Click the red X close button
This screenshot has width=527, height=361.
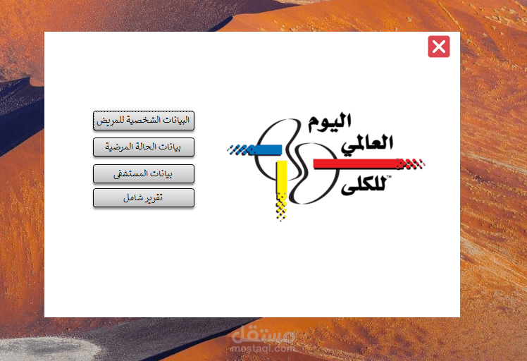(438, 47)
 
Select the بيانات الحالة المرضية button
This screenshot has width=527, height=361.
(144, 147)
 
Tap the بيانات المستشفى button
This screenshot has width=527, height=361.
(144, 173)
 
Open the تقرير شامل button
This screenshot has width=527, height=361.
(144, 198)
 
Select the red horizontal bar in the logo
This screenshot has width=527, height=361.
(356, 164)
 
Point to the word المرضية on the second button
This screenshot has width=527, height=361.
(120, 147)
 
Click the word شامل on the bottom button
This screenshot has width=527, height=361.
(132, 198)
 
